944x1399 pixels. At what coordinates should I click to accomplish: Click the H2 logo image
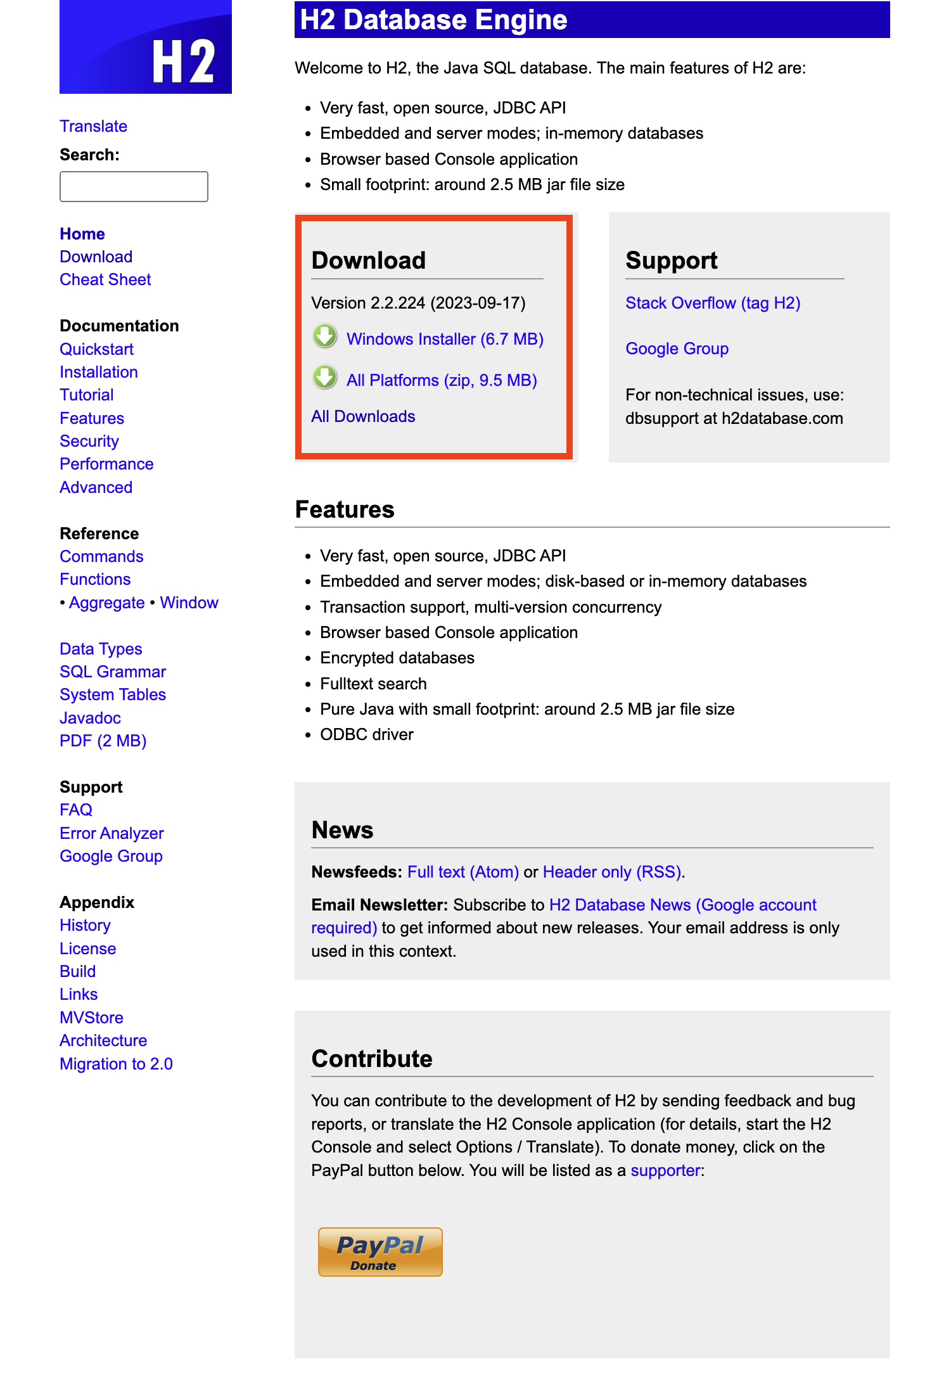coord(146,47)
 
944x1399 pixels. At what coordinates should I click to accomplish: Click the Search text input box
coord(134,187)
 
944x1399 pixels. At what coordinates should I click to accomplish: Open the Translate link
coord(94,126)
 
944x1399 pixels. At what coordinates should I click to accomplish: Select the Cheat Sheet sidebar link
coord(105,279)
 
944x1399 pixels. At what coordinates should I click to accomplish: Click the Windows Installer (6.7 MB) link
coord(445,339)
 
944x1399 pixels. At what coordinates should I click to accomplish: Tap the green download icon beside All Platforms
coord(325,378)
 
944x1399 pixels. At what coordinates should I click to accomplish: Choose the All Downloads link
coord(363,416)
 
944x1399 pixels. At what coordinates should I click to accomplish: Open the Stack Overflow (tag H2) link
coord(713,303)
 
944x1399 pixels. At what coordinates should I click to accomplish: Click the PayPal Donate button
coord(380,1251)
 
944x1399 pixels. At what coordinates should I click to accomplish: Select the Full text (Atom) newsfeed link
coord(463,872)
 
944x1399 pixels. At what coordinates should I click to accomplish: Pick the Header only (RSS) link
coord(612,872)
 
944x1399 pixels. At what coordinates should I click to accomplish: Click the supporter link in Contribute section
coord(665,1170)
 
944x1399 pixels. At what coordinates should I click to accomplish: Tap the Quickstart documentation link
coord(97,349)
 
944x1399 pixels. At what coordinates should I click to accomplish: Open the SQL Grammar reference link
coord(113,672)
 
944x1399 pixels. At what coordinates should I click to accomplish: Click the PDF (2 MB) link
coord(103,741)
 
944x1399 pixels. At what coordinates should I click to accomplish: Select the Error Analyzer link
coord(112,833)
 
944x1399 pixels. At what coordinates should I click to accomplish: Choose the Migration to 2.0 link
coord(116,1064)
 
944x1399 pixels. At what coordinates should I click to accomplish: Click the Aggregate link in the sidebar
coord(107,603)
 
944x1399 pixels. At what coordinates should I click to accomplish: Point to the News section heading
coord(343,830)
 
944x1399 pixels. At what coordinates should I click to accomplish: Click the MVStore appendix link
coord(92,1018)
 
